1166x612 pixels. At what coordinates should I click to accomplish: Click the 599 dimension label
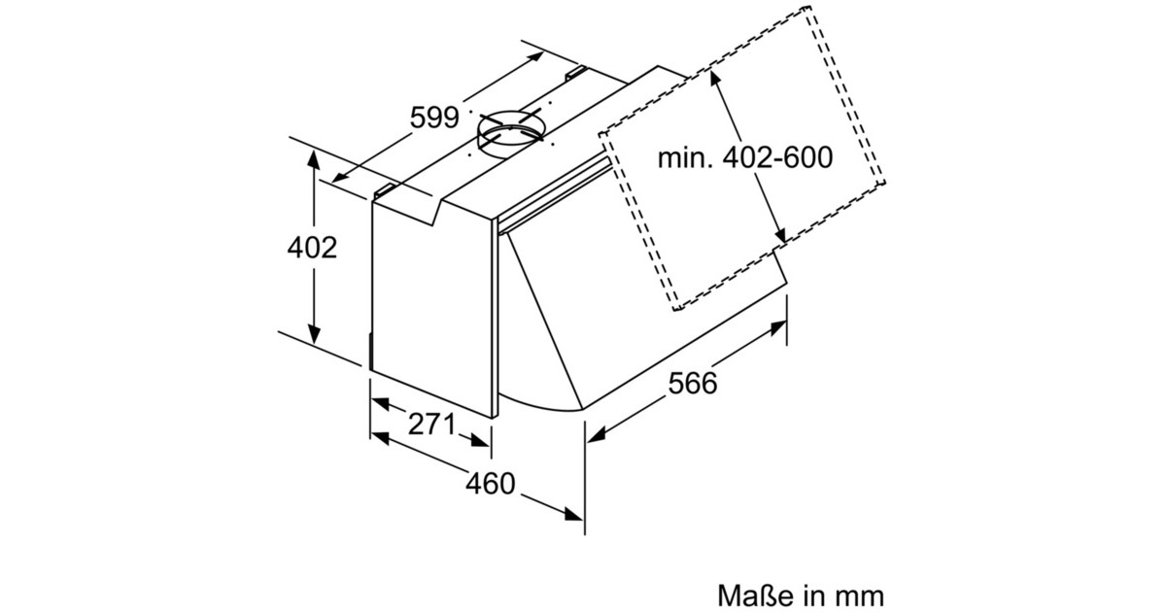tap(434, 118)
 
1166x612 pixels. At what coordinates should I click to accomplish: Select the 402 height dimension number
tap(312, 247)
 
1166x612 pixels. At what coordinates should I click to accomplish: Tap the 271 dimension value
tap(431, 425)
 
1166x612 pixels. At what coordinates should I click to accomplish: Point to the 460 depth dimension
tap(491, 484)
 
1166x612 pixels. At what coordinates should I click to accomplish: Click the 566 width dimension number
tap(692, 383)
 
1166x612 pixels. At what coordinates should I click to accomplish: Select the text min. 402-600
tap(745, 157)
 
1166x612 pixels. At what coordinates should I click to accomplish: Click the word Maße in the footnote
tap(752, 595)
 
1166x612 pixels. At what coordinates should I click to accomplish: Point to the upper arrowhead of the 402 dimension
tap(313, 159)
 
